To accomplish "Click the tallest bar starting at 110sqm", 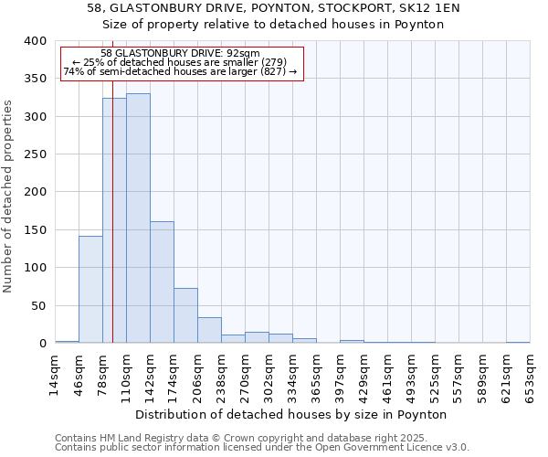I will pos(138,218).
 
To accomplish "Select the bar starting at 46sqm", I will pos(90,289).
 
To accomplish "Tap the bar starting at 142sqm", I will pos(162,282).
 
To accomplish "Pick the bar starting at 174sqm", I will pos(185,315).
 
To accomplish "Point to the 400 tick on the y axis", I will pos(35,41).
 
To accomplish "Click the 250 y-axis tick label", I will pos(35,154).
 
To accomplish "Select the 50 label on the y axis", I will pos(38,305).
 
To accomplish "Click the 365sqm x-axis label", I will pos(316,375).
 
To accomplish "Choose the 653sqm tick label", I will pos(530,375).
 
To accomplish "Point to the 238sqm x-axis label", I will pos(222,375).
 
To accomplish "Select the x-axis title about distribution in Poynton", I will pos(297,414).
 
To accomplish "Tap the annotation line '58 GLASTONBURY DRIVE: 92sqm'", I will pos(181,53).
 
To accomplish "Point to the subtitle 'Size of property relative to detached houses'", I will pos(273,25).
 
